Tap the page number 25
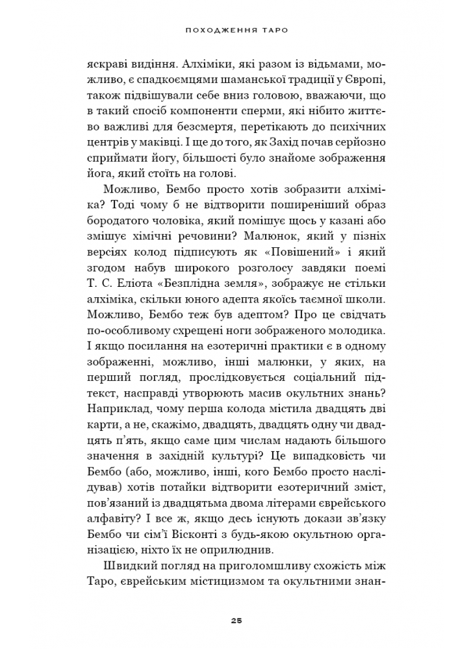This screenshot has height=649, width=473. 236,620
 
